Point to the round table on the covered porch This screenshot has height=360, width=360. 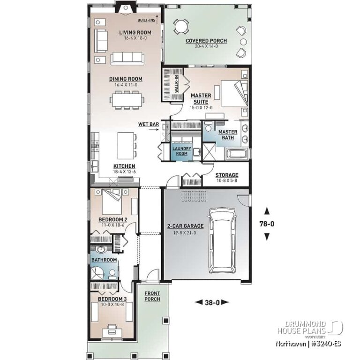tap(180, 28)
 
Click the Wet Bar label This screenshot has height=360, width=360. tap(149, 124)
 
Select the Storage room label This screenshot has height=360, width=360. tap(227, 175)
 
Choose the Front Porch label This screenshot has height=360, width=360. tap(152, 296)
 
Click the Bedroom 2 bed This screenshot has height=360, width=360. tap(113, 202)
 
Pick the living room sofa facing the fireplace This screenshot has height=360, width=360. tap(127, 58)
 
